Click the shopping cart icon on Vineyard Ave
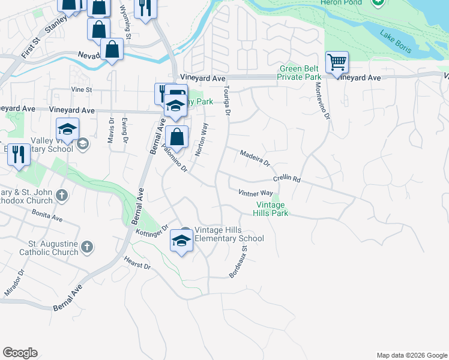click(337, 62)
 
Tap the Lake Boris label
click(395, 41)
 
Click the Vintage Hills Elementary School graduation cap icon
click(182, 241)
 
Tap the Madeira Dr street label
click(255, 158)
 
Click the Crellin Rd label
click(286, 179)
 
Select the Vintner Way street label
click(255, 193)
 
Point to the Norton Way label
click(202, 139)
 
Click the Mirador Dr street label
click(15, 281)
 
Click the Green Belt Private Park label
click(300, 73)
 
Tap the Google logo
click(20, 353)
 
